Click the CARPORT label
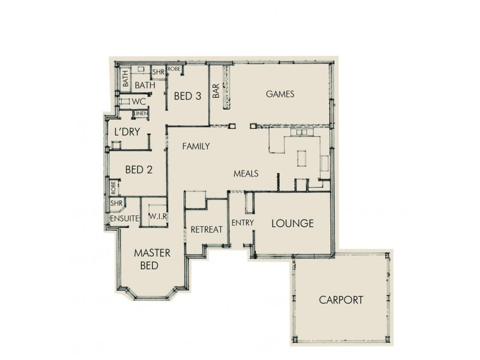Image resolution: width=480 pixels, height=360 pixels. click(x=341, y=300)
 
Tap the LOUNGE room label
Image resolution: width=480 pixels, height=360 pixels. click(x=293, y=224)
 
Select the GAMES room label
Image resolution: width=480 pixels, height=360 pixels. click(x=279, y=94)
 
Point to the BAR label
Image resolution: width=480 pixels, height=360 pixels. click(x=215, y=91)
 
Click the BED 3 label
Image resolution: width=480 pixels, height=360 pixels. click(x=187, y=95)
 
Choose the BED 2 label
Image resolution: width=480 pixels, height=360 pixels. click(x=138, y=170)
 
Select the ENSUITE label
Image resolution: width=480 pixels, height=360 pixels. click(x=124, y=218)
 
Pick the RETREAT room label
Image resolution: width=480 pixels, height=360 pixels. click(x=206, y=229)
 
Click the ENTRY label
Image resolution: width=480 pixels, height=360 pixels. click(x=243, y=223)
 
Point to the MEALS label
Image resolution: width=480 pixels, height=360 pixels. click(x=246, y=173)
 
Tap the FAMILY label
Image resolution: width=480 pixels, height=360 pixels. click(x=196, y=146)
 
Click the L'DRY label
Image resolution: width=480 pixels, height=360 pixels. click(x=127, y=132)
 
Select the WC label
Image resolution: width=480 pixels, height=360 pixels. click(x=139, y=101)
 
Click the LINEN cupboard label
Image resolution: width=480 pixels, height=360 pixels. click(x=141, y=114)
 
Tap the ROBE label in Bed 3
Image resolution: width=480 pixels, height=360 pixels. click(x=174, y=70)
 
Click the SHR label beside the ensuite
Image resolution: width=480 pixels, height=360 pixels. click(x=116, y=204)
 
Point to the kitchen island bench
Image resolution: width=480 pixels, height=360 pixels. click(x=302, y=158)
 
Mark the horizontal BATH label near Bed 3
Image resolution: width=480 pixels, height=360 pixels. click(x=145, y=86)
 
